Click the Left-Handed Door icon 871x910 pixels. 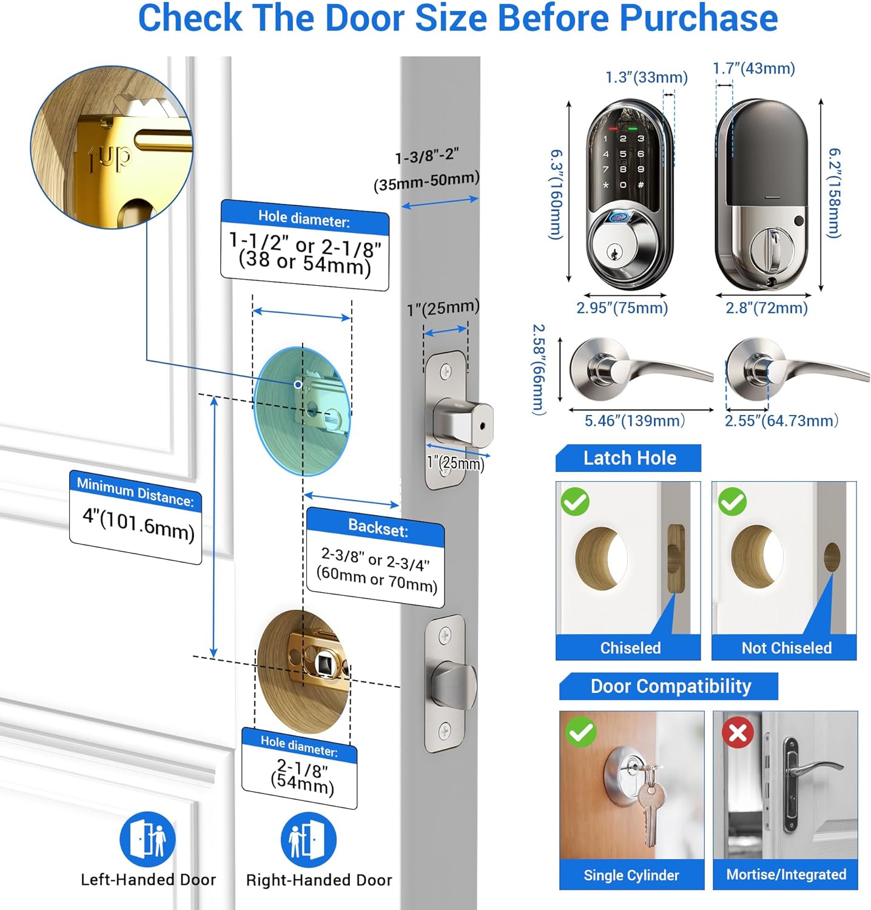[x=147, y=840]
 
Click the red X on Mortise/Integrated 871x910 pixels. [x=738, y=733]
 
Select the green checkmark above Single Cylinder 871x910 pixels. [x=581, y=732]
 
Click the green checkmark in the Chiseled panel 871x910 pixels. [x=575, y=502]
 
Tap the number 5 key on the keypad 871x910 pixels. [x=623, y=154]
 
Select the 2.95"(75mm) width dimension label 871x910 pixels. [x=622, y=308]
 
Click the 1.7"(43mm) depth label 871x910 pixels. [x=753, y=69]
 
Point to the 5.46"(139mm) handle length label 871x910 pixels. [x=634, y=420]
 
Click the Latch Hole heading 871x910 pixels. [x=630, y=458]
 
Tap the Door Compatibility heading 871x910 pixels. [x=671, y=686]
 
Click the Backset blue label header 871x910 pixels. [x=377, y=528]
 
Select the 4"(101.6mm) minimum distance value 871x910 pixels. [x=138, y=524]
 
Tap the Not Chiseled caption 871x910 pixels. [x=786, y=648]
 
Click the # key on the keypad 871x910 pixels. [x=641, y=184]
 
